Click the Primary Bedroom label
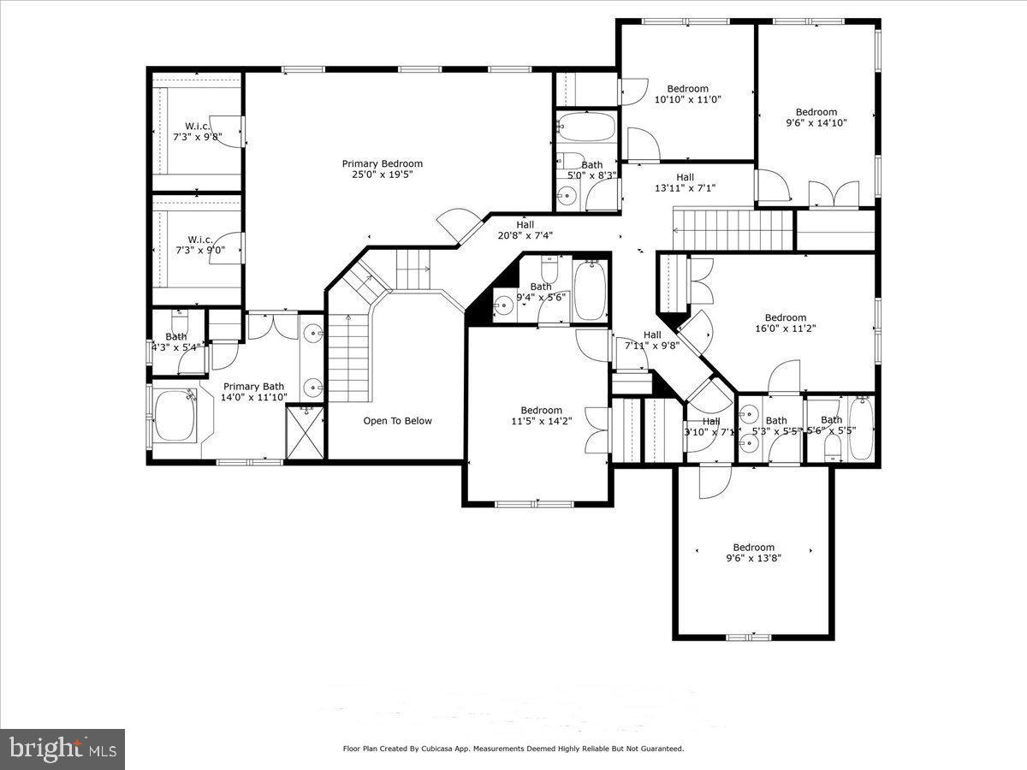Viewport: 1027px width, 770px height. [x=382, y=163]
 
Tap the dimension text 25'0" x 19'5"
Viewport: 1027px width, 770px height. [x=382, y=175]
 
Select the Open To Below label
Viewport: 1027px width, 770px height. [x=397, y=421]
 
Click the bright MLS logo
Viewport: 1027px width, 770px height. [x=62, y=749]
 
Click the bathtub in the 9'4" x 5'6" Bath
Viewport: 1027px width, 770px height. [x=589, y=290]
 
